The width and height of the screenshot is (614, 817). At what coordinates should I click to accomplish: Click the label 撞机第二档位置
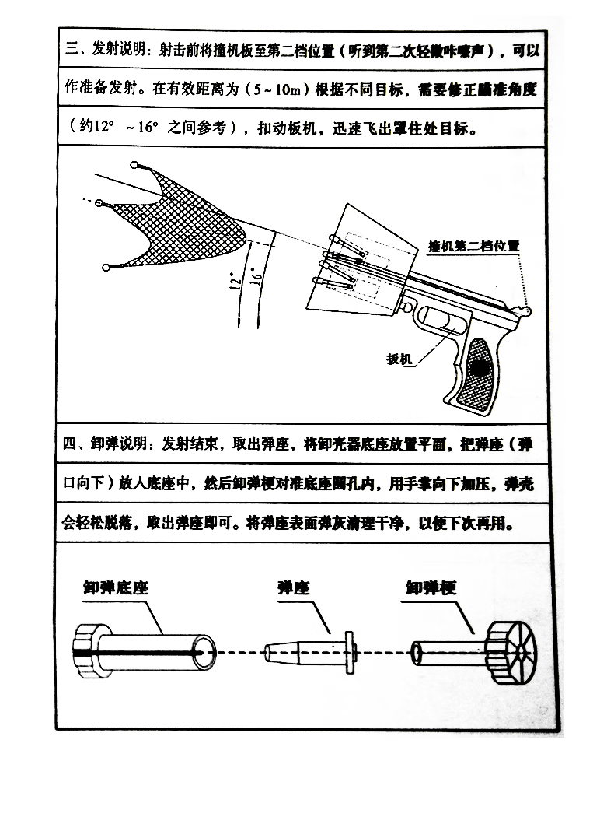473,246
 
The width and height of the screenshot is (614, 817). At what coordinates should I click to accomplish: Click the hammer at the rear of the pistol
527,309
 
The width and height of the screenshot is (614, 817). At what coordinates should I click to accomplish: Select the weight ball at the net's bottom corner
106,268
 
